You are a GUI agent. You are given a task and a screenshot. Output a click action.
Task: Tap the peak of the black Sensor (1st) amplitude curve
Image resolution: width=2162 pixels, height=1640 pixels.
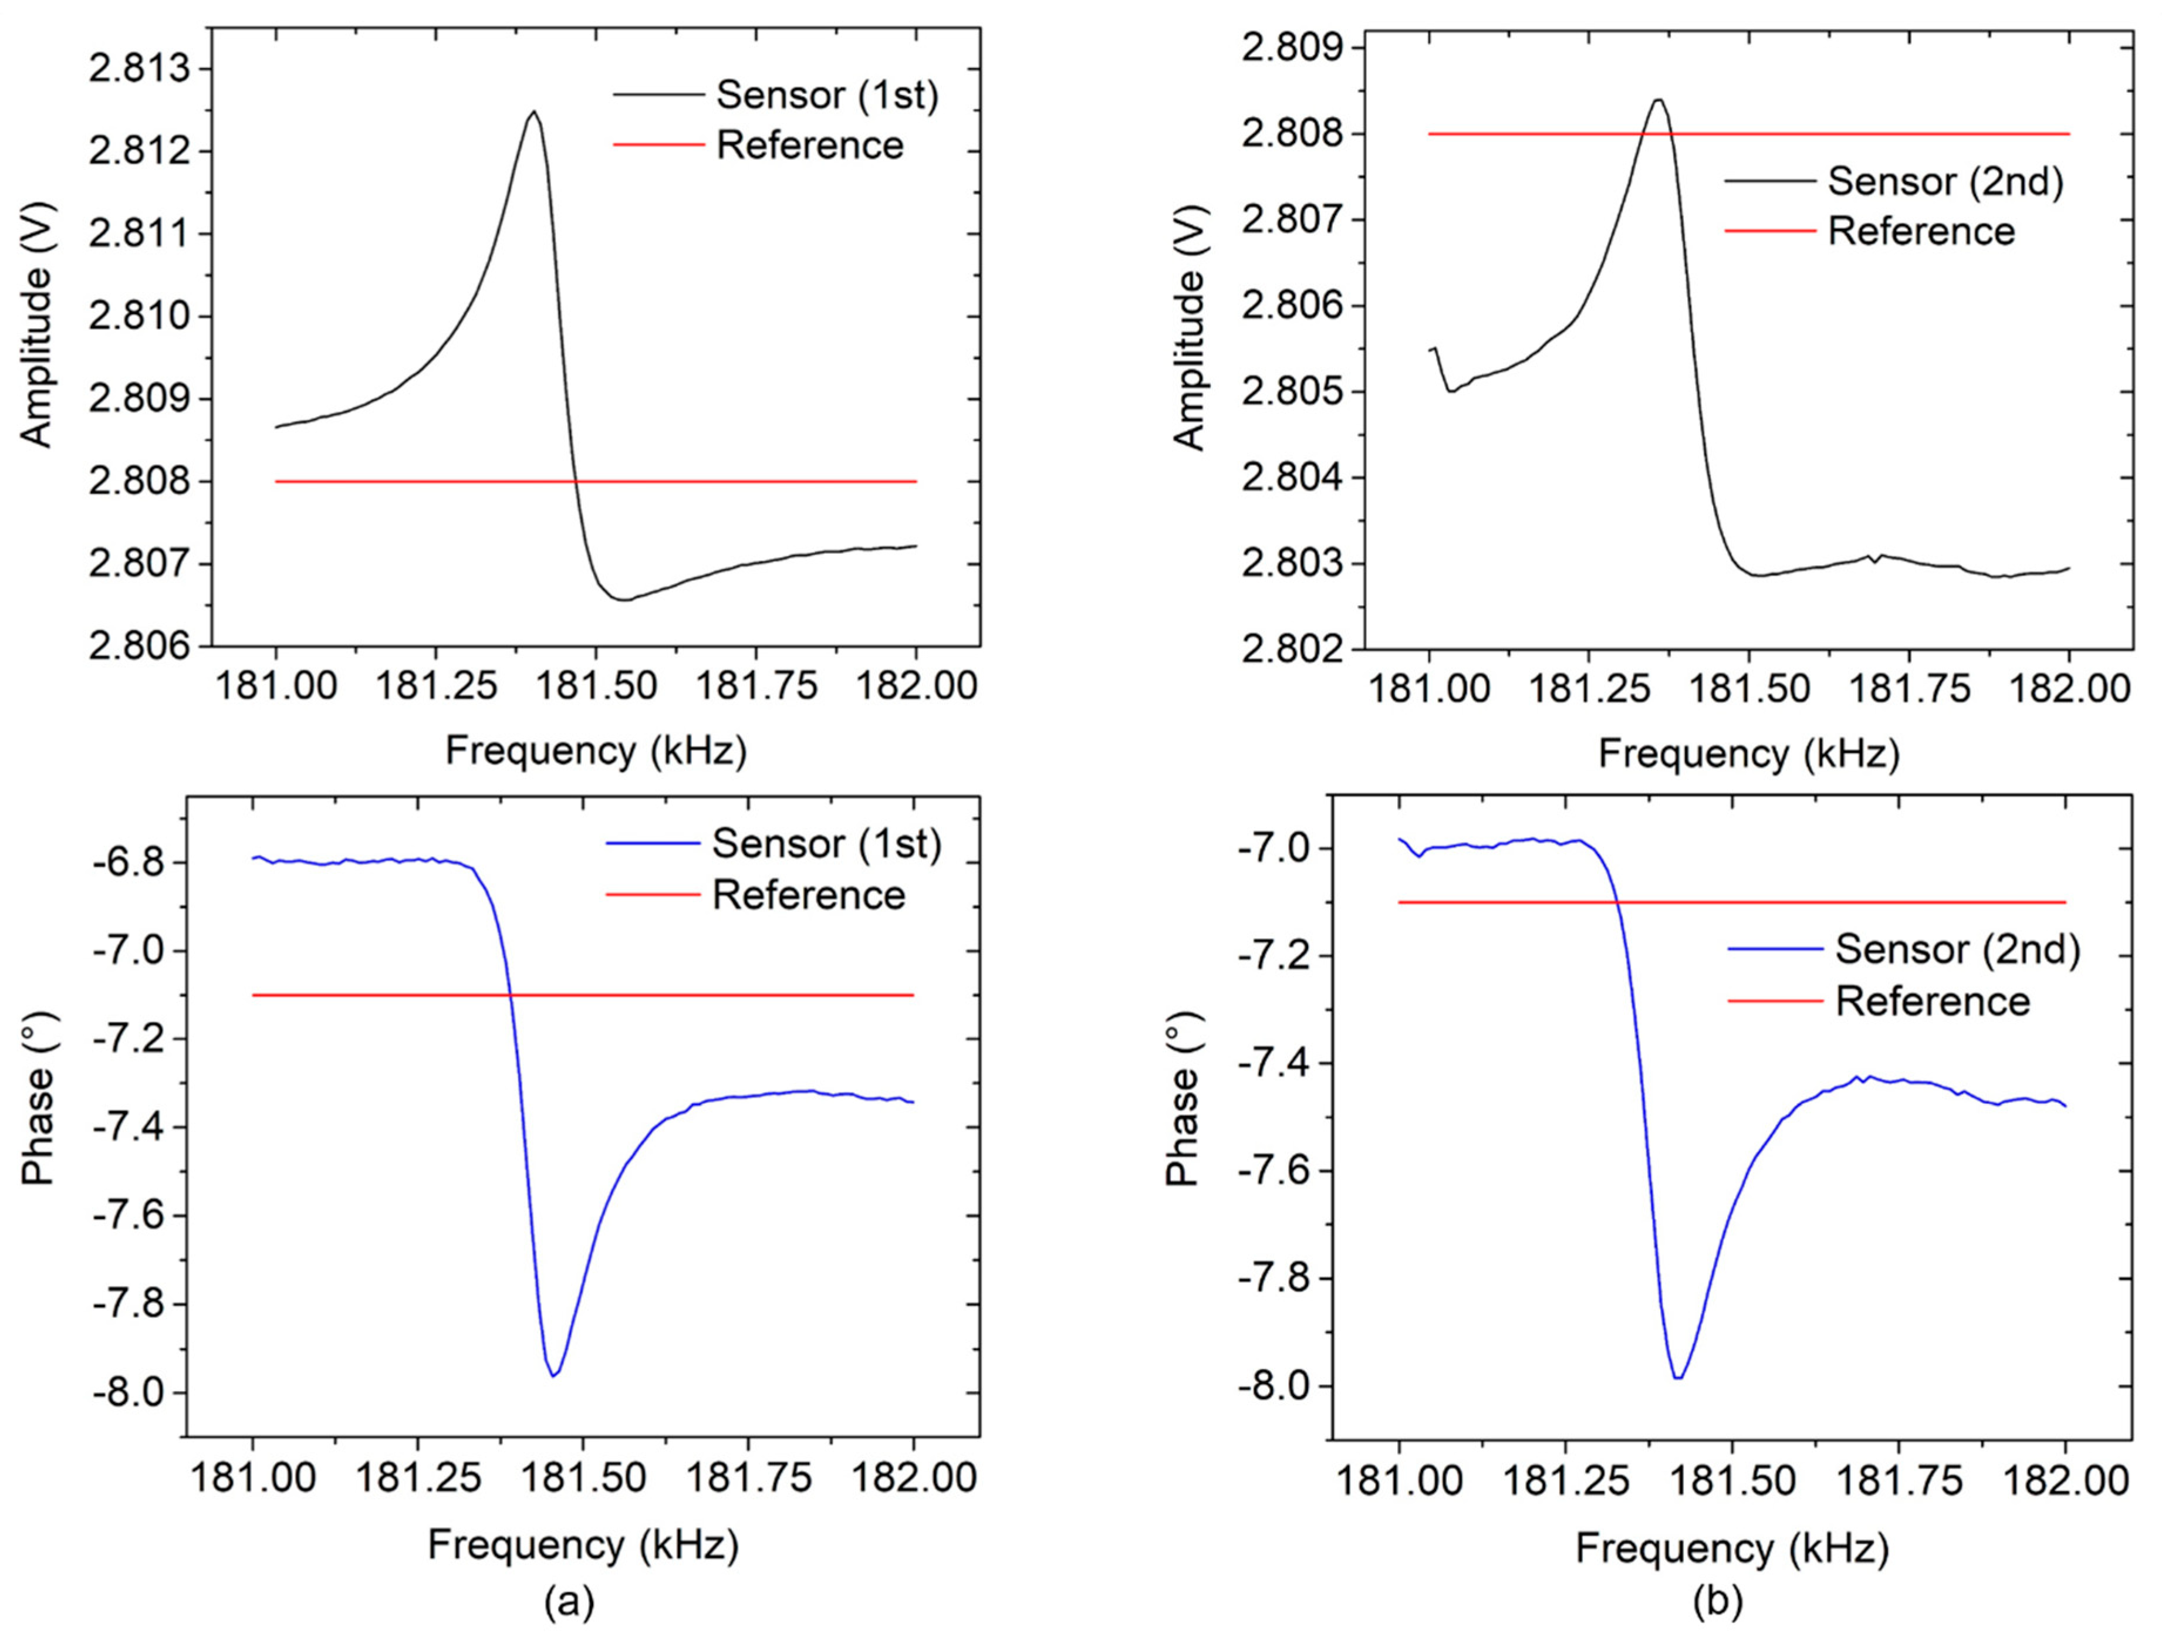tap(533, 111)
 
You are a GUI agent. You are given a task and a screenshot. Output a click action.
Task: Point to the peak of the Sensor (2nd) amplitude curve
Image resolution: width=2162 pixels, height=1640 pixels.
tap(1658, 100)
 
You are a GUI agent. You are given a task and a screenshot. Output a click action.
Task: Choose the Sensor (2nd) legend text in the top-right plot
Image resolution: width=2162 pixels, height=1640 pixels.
tap(1945, 182)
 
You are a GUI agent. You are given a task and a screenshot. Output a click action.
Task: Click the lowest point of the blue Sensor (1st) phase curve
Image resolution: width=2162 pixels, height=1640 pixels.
tap(554, 1376)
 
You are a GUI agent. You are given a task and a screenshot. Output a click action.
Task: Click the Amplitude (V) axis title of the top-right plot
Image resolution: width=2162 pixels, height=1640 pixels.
tap(1188, 327)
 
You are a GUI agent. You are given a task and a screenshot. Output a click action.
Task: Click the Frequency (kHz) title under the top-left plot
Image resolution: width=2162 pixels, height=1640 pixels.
tap(596, 750)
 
